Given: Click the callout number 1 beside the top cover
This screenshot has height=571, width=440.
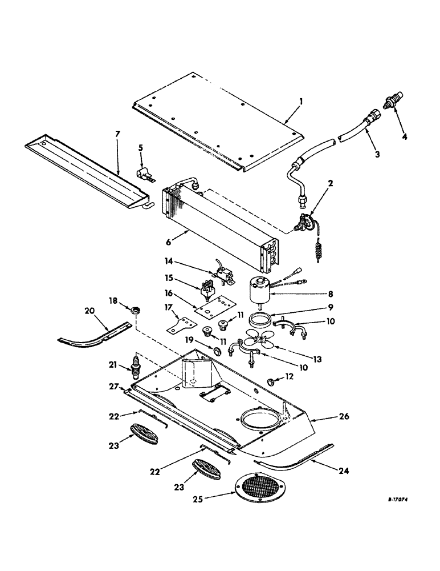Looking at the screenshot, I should tap(302, 101).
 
